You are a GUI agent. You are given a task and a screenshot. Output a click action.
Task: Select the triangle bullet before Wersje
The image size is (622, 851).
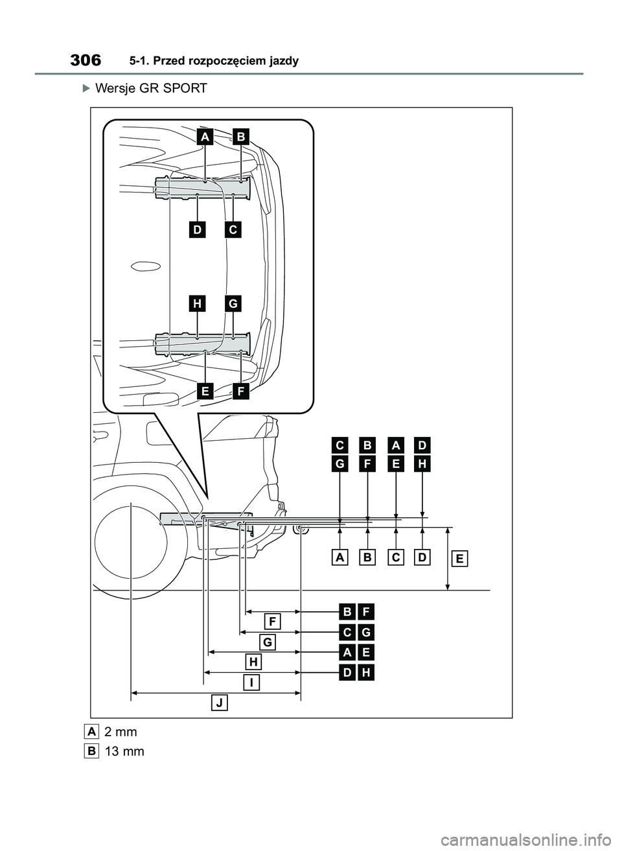pyautogui.click(x=87, y=88)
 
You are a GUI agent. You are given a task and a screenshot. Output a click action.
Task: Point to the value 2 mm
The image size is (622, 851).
pyautogui.click(x=121, y=732)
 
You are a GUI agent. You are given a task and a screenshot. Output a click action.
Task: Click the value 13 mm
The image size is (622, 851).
pyautogui.click(x=124, y=752)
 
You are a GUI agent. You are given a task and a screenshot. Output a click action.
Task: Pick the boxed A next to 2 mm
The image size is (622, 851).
pyautogui.click(x=91, y=731)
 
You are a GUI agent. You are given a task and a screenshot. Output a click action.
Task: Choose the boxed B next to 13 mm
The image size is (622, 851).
pyautogui.click(x=91, y=751)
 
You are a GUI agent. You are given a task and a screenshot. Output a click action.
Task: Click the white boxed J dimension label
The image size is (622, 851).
pyautogui.click(x=220, y=703)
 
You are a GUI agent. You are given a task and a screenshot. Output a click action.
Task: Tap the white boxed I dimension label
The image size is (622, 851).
pyautogui.click(x=251, y=682)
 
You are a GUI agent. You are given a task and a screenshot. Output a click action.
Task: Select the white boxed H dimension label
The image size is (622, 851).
pyautogui.click(x=254, y=662)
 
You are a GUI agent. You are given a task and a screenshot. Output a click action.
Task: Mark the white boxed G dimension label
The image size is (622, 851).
pyautogui.click(x=268, y=642)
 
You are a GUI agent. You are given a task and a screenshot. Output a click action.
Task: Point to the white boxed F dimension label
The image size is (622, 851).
pyautogui.click(x=273, y=622)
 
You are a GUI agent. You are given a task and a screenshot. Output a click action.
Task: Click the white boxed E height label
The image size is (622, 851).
pyautogui.click(x=459, y=559)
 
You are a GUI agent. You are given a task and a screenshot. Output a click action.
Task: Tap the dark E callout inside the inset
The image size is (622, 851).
pyautogui.click(x=205, y=391)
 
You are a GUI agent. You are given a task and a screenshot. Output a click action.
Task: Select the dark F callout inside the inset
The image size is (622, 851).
pyautogui.click(x=241, y=391)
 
